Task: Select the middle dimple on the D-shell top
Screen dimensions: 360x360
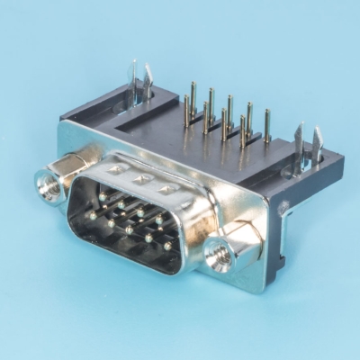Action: coord(141,179)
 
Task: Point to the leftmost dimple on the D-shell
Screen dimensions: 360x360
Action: coord(116,168)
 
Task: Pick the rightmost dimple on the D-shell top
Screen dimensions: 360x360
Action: coord(166,189)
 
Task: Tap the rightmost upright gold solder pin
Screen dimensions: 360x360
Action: coord(267,117)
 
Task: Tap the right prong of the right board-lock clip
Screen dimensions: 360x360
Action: coord(317,138)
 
